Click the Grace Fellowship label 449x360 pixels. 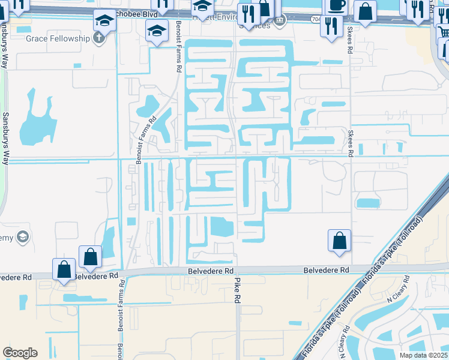click(52, 38)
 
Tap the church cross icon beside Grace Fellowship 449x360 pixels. click(99, 38)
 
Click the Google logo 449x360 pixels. click(20, 353)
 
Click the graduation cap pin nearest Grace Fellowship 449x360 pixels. click(104, 22)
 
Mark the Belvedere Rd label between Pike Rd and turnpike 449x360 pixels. click(326, 271)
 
